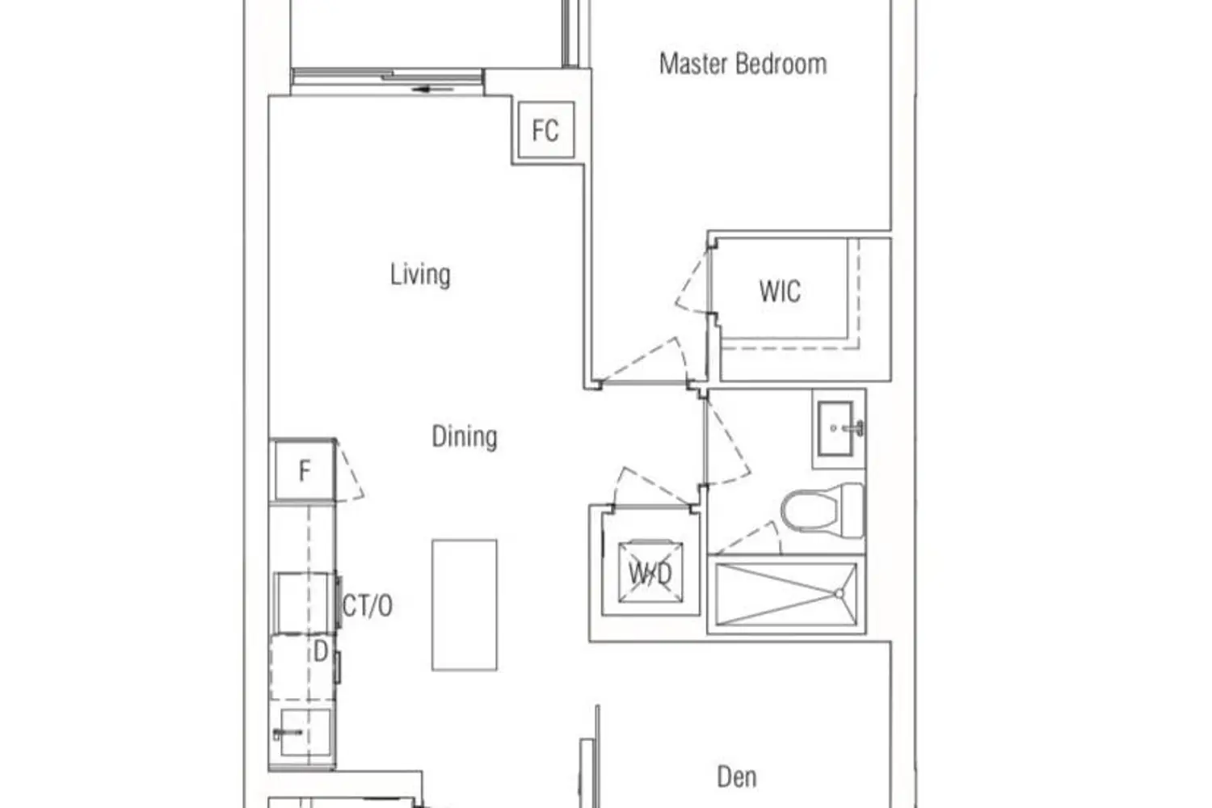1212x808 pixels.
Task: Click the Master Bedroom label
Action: coord(743,64)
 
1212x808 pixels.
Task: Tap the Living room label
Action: coord(420,275)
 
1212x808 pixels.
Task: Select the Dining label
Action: coord(465,437)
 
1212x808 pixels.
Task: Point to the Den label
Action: coord(736,777)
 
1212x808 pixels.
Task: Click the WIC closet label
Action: coord(780,291)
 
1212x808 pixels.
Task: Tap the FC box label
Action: coord(545,130)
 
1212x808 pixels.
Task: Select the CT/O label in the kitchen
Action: coord(368,605)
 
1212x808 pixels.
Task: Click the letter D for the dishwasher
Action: coord(320,652)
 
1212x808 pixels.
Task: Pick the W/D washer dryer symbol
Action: coord(650,571)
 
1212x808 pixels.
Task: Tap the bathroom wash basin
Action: coord(840,428)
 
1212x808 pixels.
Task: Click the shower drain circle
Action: coord(840,594)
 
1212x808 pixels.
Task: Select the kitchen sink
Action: coord(304,733)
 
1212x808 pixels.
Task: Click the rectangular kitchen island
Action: coord(465,605)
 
